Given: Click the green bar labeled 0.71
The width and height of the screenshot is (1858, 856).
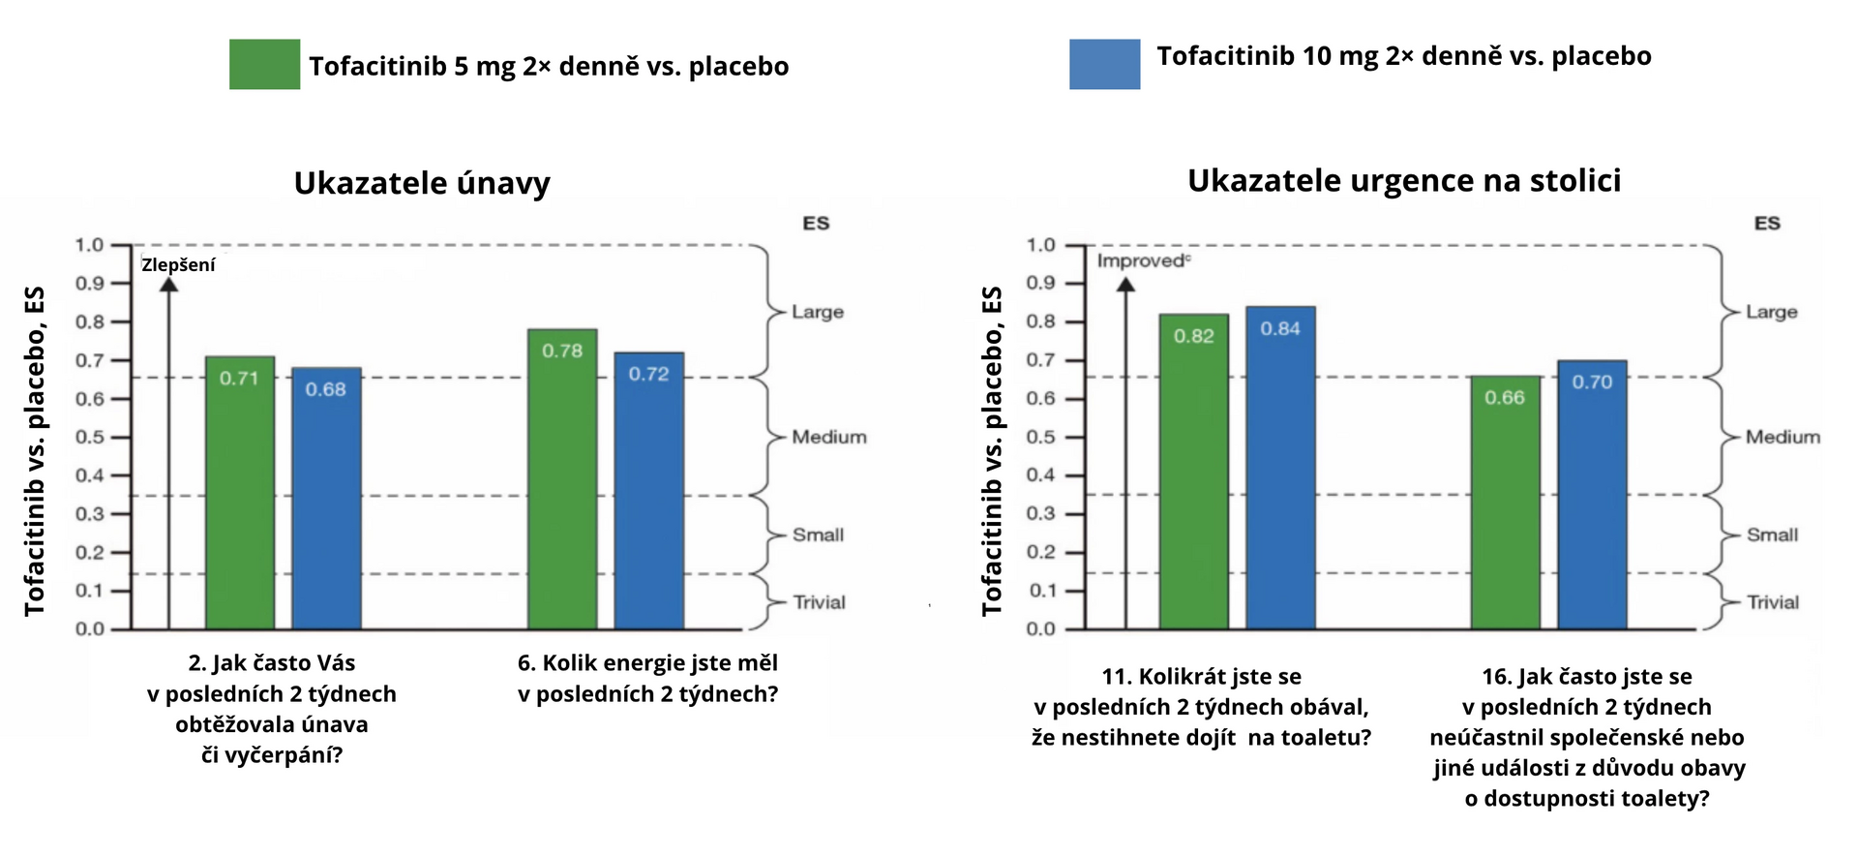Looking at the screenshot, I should (240, 493).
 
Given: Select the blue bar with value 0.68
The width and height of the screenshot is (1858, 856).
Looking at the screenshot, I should (326, 499).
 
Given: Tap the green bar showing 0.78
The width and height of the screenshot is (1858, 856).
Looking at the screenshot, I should (562, 479).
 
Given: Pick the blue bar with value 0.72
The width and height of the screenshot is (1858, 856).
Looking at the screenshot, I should (648, 491).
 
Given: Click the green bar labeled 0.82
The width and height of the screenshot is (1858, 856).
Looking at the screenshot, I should (1194, 472).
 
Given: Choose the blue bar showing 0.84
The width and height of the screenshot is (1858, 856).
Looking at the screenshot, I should (1280, 468).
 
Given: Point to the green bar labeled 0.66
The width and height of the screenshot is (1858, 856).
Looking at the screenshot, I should (1505, 503).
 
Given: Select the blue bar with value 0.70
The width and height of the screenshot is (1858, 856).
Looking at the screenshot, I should (1592, 495).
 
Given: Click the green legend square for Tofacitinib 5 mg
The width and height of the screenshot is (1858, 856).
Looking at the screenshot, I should (264, 64).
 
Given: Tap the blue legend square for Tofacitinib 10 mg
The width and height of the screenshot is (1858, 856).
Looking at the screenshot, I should (1104, 64).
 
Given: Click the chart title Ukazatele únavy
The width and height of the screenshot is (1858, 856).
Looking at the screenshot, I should (422, 183).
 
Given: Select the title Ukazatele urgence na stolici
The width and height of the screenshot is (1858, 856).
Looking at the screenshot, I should (1404, 181).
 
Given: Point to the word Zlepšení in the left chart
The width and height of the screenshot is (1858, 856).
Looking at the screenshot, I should (178, 265).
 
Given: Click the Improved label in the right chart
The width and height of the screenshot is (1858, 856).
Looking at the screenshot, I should (1142, 260).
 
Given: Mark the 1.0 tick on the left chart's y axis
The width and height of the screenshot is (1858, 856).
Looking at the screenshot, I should (90, 245).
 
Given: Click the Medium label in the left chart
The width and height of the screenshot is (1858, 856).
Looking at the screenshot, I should (829, 437).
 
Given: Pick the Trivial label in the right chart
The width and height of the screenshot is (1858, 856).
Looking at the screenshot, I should (1773, 602).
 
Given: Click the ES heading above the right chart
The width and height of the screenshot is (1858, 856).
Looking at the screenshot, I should (1767, 224).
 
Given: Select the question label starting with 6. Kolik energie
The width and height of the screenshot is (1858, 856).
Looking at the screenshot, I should (647, 678).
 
